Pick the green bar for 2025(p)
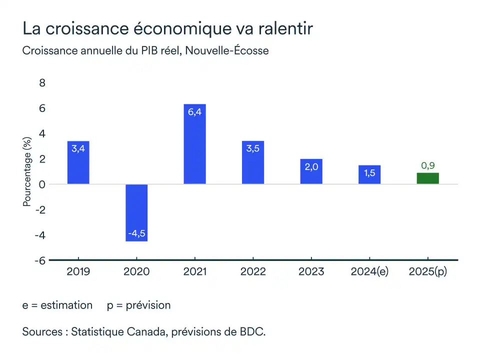point(427,178)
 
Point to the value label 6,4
point(194,112)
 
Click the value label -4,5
point(136,233)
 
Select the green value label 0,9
point(427,165)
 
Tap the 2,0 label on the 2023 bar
point(311,167)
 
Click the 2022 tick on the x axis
point(253,271)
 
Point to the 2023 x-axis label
point(311,271)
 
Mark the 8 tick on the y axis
point(42,83)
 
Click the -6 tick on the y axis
point(40,260)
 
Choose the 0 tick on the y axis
point(42,184)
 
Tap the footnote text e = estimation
point(57,305)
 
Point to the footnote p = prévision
point(138,305)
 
